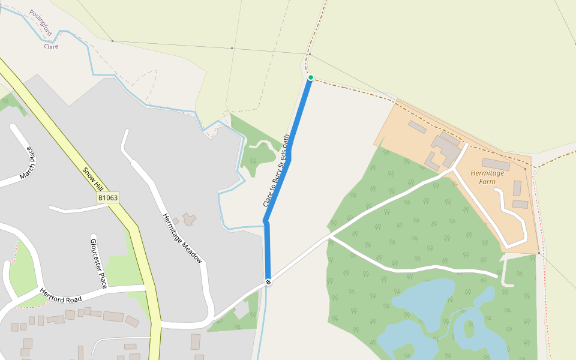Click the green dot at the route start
(x=311, y=77)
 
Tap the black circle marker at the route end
(x=268, y=282)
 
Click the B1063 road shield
(x=108, y=197)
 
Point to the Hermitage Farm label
(x=491, y=176)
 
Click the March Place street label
(x=29, y=164)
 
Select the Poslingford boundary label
(x=41, y=24)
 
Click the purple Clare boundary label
(x=52, y=46)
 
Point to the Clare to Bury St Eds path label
(x=277, y=171)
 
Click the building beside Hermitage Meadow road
(x=190, y=220)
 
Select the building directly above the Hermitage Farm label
(x=496, y=164)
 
